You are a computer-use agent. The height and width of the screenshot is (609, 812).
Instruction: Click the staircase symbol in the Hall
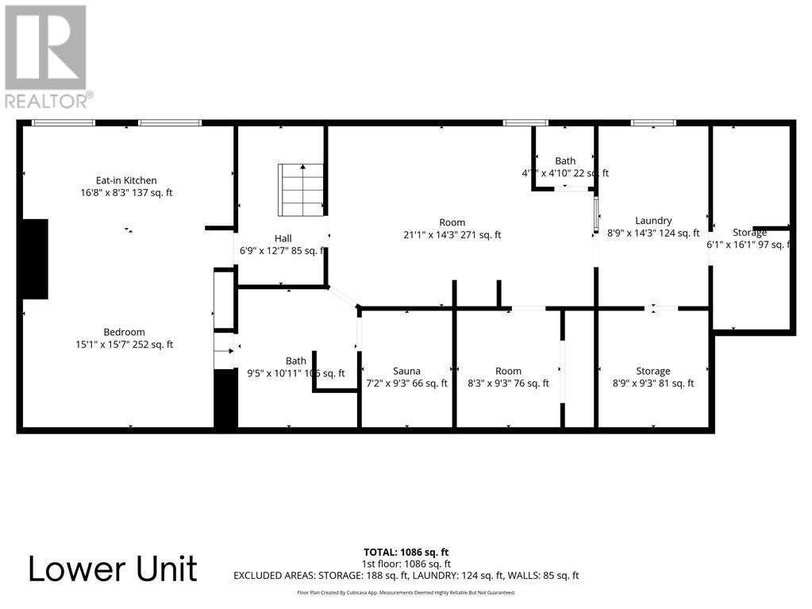301,189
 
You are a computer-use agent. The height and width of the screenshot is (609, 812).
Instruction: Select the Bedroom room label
124,332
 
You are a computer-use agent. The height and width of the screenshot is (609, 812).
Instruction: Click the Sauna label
406,371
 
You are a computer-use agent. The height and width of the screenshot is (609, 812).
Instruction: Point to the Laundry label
653,221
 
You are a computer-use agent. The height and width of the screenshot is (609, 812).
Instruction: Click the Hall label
283,238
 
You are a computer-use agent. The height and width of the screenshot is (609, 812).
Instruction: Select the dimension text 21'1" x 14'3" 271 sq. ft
452,235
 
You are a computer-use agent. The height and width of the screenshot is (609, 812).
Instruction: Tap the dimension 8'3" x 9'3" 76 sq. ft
508,384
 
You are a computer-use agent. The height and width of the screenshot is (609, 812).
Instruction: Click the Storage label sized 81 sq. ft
652,371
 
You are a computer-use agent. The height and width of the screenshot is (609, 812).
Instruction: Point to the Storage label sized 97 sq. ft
749,233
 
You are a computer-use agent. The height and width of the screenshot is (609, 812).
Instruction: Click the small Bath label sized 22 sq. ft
565,161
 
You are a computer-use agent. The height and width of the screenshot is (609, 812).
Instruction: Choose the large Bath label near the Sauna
296,361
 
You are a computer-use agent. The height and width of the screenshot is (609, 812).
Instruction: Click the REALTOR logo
47,56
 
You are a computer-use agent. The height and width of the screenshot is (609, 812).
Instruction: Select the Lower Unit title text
113,569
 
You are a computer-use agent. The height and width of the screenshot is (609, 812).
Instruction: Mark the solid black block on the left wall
35,259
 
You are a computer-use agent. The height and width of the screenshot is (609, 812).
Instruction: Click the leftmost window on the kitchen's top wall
63,122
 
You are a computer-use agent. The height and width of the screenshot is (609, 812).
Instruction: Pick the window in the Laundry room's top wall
652,122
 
